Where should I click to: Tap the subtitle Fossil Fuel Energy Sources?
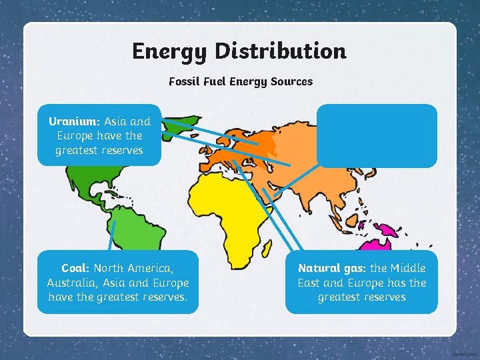pos(240,81)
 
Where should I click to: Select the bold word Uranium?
pos(74,121)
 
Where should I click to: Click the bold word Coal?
pos(75,268)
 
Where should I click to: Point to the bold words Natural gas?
pos(332,268)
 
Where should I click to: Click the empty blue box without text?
pos(377,135)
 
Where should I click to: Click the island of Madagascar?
pos(266,248)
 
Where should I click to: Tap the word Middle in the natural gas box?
pos(407,268)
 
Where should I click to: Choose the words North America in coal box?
pos(133,268)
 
